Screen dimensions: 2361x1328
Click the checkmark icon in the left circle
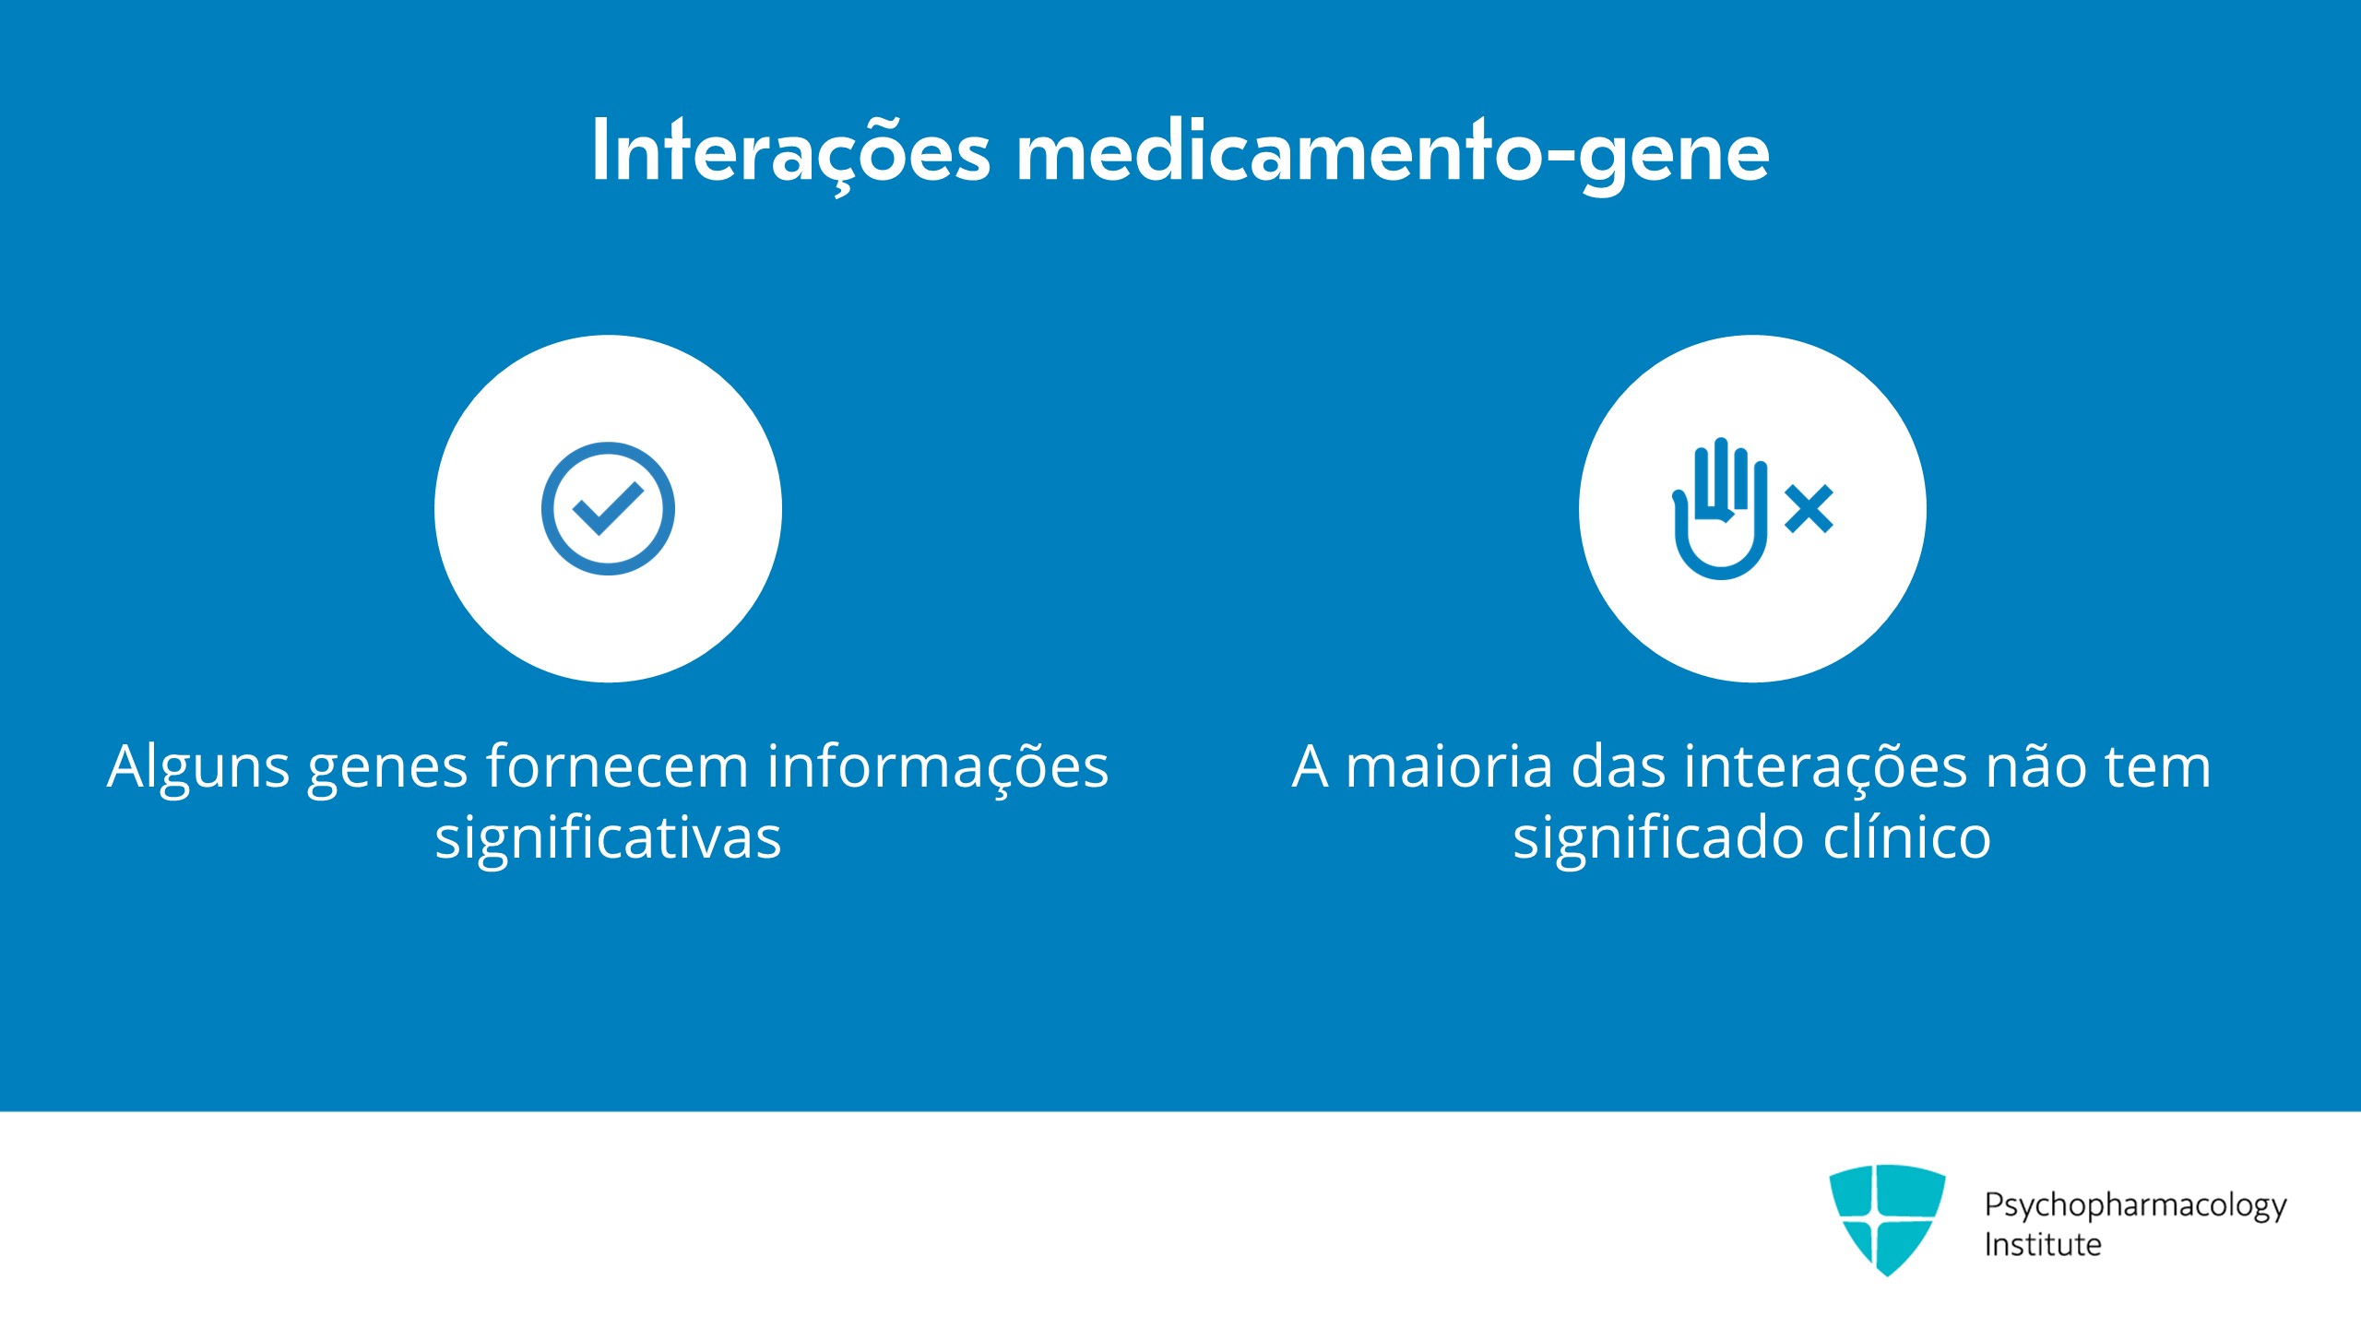608,509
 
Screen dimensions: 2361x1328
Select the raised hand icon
1720,509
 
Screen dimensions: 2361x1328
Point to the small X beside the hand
1809,510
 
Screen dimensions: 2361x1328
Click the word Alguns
198,768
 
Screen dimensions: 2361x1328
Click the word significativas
608,838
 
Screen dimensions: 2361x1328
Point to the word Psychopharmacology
2136,1206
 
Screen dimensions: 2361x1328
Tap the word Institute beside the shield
2043,1245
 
